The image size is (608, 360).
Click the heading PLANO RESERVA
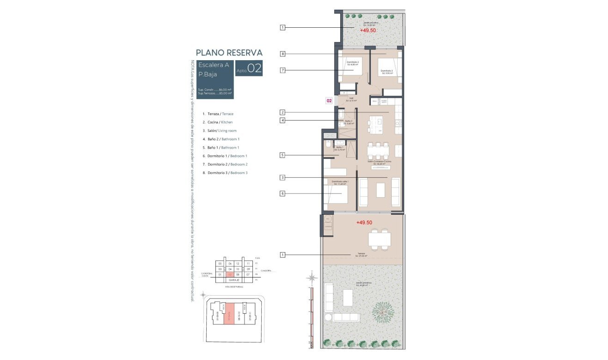(x=229, y=53)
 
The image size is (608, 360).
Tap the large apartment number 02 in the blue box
(x=255, y=69)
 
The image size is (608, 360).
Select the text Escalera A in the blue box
(x=213, y=65)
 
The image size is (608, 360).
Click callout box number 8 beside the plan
(x=282, y=54)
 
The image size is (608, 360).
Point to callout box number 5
(x=282, y=155)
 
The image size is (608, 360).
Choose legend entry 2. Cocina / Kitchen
(x=217, y=122)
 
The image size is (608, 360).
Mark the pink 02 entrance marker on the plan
(x=329, y=100)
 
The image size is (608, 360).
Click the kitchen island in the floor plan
(x=375, y=125)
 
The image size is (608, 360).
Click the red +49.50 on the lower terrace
(x=364, y=223)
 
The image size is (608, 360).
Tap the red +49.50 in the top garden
(x=368, y=30)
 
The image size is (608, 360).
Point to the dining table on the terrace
(x=379, y=239)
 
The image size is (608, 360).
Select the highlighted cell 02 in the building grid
(x=230, y=274)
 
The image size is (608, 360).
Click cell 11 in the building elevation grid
(x=248, y=263)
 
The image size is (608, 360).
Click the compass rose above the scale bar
(x=312, y=278)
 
